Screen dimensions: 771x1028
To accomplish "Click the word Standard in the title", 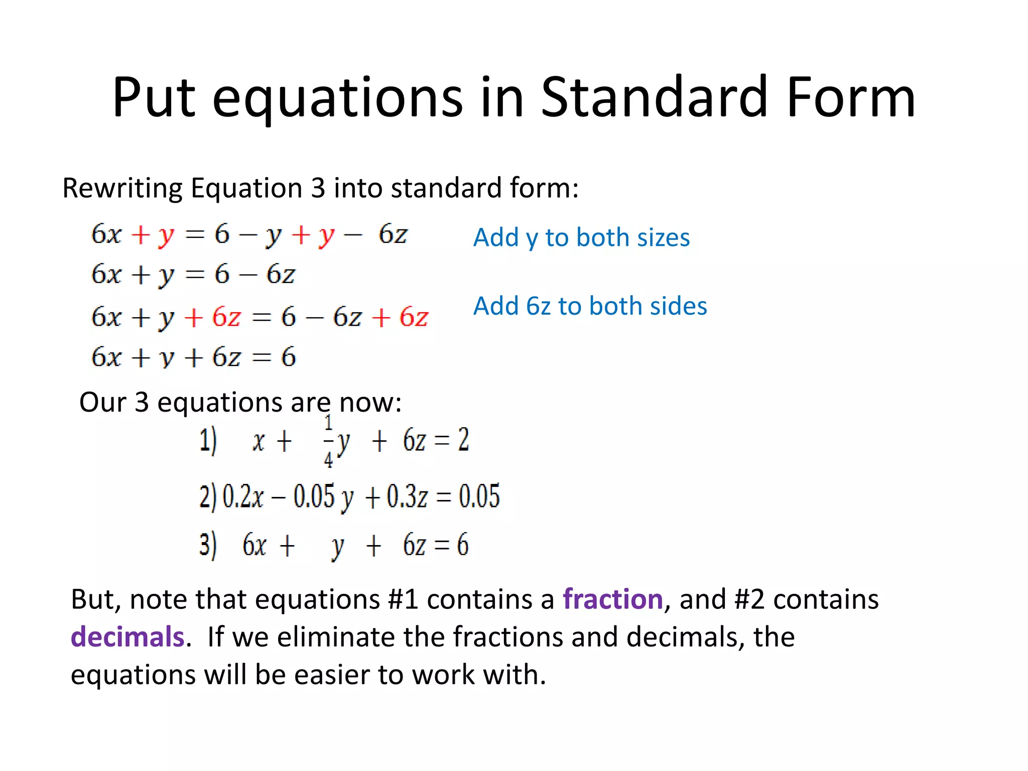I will pos(655,97).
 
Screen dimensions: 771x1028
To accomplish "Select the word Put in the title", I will pos(154,97).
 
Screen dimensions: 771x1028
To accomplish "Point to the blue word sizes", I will pos(663,237).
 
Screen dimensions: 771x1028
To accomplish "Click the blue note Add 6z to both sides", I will pos(590,306).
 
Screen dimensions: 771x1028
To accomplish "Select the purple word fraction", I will pos(613,599).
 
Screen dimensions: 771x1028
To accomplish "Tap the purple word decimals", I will pos(127,637).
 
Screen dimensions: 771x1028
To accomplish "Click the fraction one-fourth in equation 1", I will pos(328,441).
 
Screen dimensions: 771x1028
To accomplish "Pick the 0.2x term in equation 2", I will pos(243,496).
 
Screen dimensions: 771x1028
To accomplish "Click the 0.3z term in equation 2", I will pos(407,496).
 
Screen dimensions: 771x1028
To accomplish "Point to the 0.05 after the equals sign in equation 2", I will pos(479,496).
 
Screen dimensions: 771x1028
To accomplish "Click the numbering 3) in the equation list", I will pos(208,545).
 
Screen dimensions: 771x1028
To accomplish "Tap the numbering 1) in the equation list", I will pos(208,441).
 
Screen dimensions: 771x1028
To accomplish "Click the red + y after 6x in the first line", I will pos(153,235).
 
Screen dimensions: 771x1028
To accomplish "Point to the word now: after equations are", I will pos(370,403).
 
